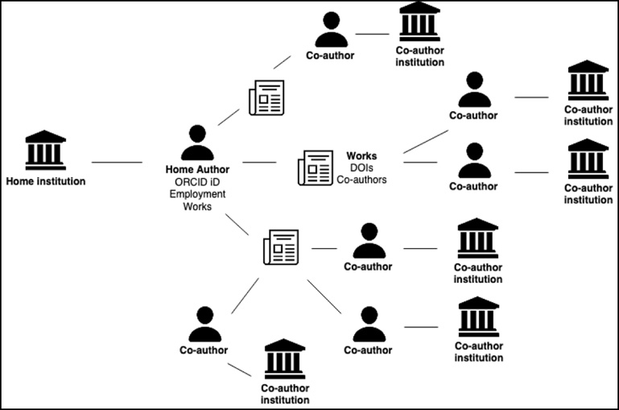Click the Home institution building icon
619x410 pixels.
coord(45,150)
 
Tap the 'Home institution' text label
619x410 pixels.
coord(46,181)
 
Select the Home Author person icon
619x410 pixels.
coord(197,143)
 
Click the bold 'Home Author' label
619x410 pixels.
coord(197,169)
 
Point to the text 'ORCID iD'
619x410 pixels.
coord(197,182)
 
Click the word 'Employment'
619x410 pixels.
coord(197,194)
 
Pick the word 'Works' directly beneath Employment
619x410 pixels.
coord(197,206)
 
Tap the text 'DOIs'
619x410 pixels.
coord(361,168)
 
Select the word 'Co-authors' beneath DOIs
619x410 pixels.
coord(361,180)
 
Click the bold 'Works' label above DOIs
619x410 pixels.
coord(361,156)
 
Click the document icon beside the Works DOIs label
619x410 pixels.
coord(316,168)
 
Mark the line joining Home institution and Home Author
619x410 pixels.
coord(117,163)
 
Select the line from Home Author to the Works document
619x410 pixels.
coord(259,163)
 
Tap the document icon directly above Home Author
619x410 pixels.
coord(266,98)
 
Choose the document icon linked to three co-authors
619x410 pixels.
coord(281,247)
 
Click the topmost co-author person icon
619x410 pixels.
coord(331,30)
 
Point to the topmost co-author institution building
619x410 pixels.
coord(419,22)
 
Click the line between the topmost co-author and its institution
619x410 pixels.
coord(372,34)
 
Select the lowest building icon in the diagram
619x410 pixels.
coord(285,358)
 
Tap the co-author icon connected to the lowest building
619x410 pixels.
coord(205,325)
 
